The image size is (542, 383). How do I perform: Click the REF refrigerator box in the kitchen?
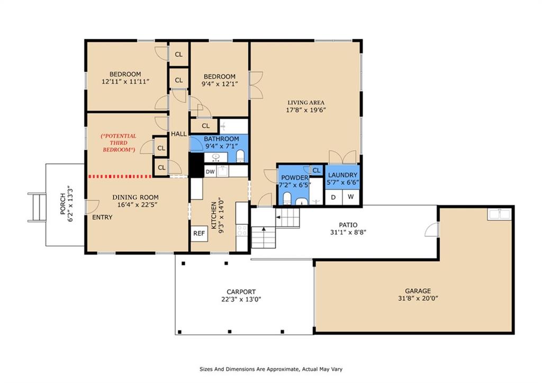click(199, 234)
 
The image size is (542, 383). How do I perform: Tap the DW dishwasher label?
click(210, 172)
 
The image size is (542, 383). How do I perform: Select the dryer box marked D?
click(333, 197)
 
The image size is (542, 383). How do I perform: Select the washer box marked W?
click(351, 197)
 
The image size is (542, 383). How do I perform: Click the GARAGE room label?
click(418, 291)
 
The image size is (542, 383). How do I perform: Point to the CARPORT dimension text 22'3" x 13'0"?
click(241, 299)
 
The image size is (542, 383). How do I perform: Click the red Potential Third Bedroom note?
click(119, 143)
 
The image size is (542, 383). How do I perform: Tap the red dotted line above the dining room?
click(120, 176)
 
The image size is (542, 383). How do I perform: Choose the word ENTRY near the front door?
click(102, 217)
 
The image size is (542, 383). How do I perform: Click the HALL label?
click(179, 134)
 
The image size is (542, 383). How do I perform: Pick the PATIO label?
click(348, 225)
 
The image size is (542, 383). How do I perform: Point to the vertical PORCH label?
click(62, 204)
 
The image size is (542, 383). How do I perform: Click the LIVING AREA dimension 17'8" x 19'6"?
click(306, 110)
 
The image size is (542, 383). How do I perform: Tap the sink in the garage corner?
click(499, 214)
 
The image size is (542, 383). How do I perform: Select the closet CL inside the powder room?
click(317, 170)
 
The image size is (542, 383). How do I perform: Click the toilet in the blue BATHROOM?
click(240, 156)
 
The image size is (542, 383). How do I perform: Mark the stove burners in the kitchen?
click(241, 230)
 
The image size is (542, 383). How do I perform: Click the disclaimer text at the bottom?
click(271, 369)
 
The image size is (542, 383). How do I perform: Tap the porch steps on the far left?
click(38, 208)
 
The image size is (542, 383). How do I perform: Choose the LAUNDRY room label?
click(342, 175)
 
